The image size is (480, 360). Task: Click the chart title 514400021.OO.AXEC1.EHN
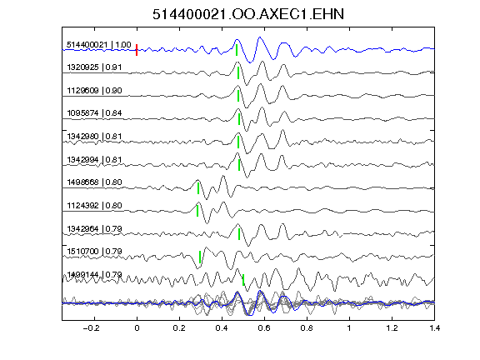(x=248, y=14)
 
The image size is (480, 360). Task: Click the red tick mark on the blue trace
(x=137, y=50)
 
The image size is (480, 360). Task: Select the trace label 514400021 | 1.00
(x=99, y=45)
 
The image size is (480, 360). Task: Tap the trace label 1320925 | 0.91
(x=94, y=67)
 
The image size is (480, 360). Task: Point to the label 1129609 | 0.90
(x=94, y=90)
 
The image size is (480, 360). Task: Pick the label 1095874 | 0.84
(x=94, y=113)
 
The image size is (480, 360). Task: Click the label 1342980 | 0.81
(x=94, y=136)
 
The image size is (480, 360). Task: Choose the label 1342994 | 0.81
(x=94, y=159)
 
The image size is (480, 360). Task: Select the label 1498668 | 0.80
(x=94, y=182)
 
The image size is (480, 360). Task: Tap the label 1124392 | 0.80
(x=94, y=205)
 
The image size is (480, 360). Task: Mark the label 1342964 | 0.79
(x=94, y=228)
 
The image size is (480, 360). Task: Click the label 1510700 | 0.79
(x=94, y=252)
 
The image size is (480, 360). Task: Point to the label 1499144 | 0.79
(x=94, y=275)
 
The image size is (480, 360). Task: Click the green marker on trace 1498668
(x=198, y=188)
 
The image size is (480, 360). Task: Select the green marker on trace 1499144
(x=243, y=280)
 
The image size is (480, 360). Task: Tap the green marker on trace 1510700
(x=200, y=257)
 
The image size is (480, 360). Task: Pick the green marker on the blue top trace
(x=237, y=50)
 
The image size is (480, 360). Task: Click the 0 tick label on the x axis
(x=137, y=328)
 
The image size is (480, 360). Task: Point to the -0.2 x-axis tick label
(x=91, y=328)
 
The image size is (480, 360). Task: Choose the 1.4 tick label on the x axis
(x=434, y=328)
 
